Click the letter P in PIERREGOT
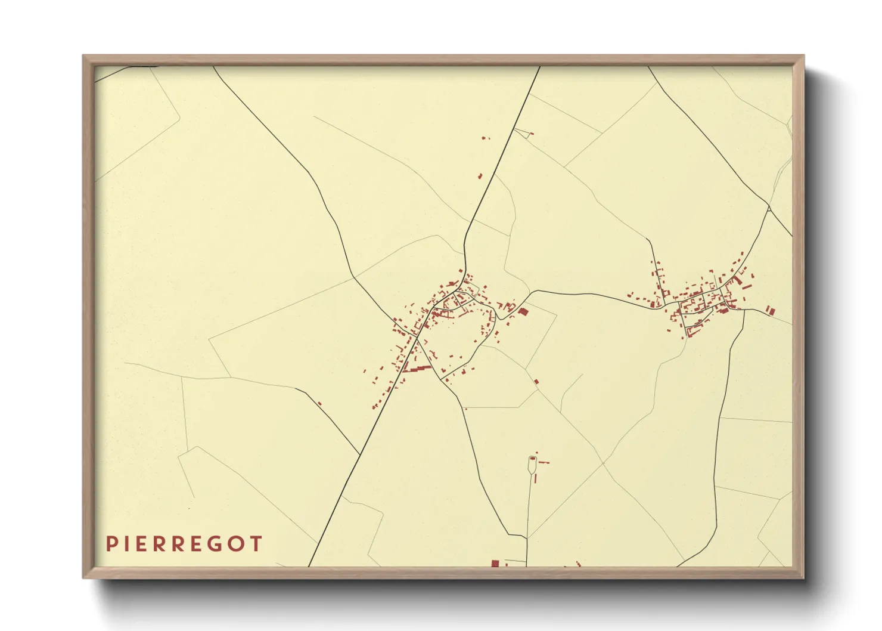point(111,544)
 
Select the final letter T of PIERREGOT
point(256,544)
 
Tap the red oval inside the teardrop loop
point(532,459)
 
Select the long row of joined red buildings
point(417,369)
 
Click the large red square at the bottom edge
point(495,564)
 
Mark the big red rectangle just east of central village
point(524,311)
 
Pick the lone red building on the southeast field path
point(536,381)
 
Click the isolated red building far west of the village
point(319,404)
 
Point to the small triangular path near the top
point(522,133)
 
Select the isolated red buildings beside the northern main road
point(480,176)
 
